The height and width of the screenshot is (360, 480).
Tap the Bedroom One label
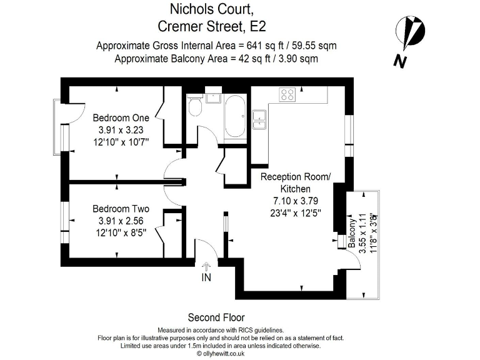click(121, 117)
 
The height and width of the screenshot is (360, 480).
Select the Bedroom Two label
click(121, 209)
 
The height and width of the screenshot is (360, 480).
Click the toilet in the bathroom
click(195, 107)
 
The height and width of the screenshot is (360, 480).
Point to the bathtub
click(236, 117)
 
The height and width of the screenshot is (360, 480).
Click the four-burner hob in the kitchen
click(287, 94)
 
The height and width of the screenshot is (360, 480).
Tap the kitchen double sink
click(259, 119)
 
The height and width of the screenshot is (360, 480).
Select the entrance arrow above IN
click(206, 266)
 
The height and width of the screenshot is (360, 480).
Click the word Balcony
click(352, 234)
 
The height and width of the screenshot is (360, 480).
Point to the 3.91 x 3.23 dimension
click(121, 129)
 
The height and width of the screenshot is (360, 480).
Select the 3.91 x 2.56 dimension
click(121, 221)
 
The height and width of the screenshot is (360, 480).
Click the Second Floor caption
click(216, 317)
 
